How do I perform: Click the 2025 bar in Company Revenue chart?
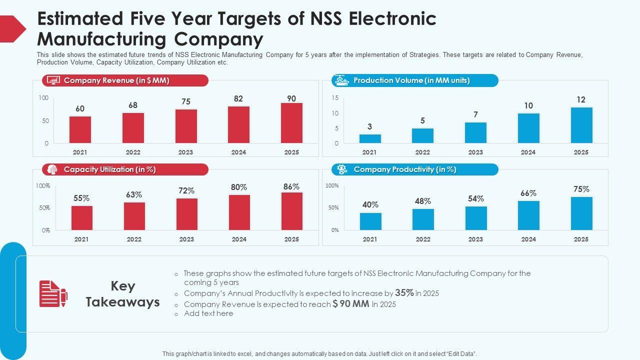point(291,123)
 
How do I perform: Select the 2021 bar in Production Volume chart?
point(370,138)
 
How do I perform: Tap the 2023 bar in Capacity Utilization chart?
point(186,214)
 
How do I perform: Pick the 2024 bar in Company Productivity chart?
point(528,215)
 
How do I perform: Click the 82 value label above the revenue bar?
point(238,99)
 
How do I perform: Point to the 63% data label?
point(134,194)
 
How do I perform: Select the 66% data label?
point(528,193)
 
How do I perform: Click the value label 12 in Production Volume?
point(580,99)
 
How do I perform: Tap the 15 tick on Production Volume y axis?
point(335,97)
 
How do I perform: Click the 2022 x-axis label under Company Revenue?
point(133,152)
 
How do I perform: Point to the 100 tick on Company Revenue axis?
point(43,98)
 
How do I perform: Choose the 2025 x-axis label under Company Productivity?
point(581,239)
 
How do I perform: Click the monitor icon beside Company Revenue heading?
point(53,80)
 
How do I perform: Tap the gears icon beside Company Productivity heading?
point(342,169)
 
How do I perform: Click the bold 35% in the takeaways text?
point(404,293)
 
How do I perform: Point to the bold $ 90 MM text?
point(351,304)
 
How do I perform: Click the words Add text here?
point(208,313)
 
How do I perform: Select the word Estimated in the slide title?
point(80,19)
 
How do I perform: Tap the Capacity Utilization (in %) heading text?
point(110,169)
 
